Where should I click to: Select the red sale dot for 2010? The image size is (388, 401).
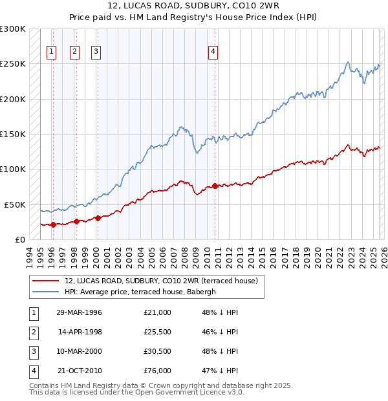point(215,186)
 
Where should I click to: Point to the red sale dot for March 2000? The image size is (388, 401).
point(98,218)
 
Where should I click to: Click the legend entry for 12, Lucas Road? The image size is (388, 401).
point(161,281)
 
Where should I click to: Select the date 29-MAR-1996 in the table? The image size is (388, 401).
point(78,312)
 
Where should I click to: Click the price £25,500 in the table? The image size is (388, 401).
point(157,332)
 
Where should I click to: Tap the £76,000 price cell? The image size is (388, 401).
point(157,371)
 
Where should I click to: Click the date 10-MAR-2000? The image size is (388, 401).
point(78,351)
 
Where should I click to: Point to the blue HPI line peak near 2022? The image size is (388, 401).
point(348,62)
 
